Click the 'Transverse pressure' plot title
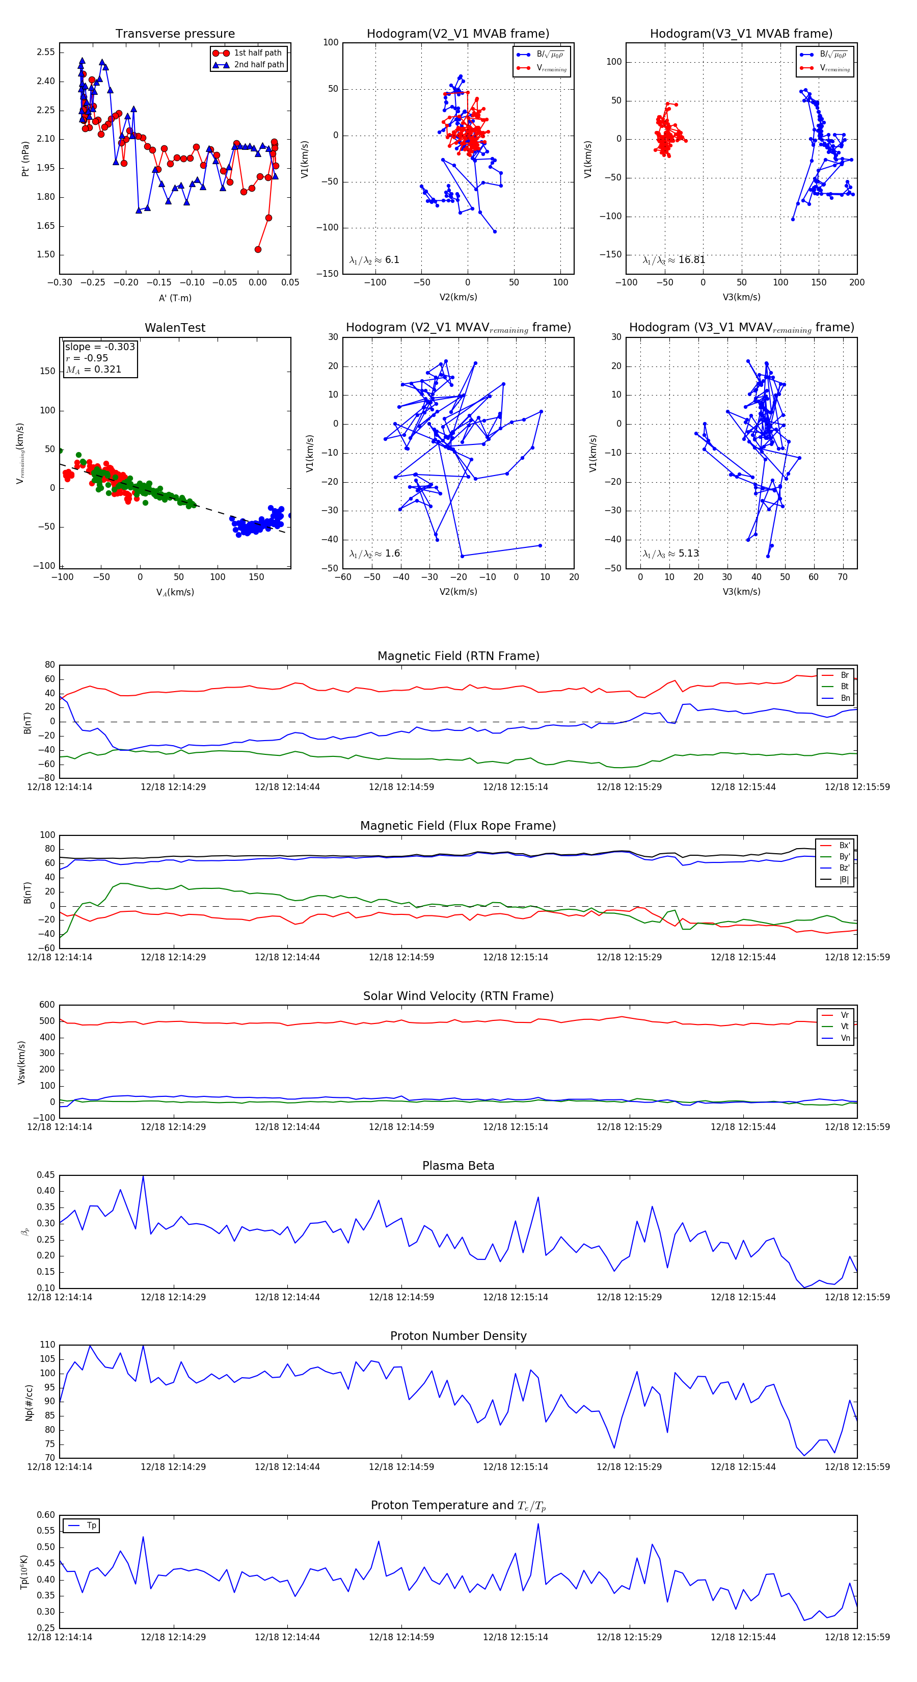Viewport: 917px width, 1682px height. coord(175,34)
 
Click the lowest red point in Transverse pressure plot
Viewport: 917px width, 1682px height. coord(258,249)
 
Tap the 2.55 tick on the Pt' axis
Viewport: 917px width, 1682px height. coord(46,52)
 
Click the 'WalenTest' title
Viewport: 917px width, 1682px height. coord(175,328)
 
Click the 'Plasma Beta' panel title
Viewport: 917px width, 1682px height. coord(458,1166)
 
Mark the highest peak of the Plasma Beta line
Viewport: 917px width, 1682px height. coord(143,1176)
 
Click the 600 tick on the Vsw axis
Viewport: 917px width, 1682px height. coord(47,1005)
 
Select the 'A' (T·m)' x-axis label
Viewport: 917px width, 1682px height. coord(175,298)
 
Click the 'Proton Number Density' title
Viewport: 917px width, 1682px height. coord(458,1336)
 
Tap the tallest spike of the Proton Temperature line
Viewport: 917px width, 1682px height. coord(538,1524)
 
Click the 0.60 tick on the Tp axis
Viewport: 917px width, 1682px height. coord(46,1515)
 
